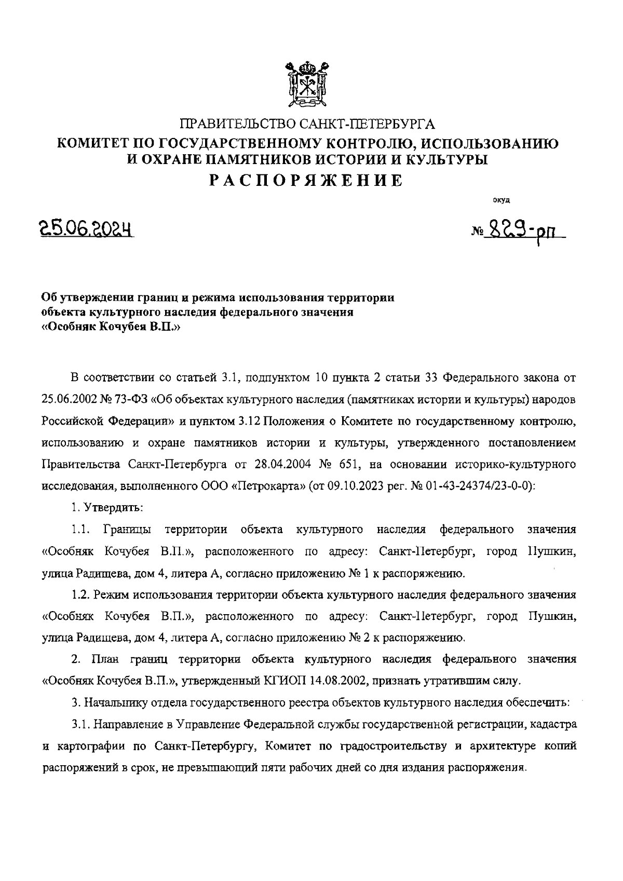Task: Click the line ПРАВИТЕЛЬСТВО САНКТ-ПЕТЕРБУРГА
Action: pyautogui.click(x=307, y=125)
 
